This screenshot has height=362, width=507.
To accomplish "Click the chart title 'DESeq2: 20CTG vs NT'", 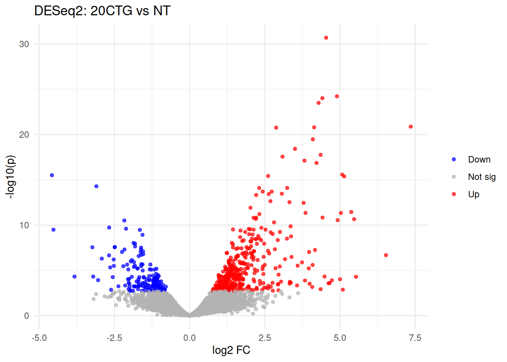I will pyautogui.click(x=102, y=11).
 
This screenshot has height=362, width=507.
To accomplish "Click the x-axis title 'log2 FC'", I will pyautogui.click(x=231, y=350).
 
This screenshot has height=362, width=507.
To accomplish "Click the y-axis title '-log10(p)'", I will pyautogui.click(x=11, y=176).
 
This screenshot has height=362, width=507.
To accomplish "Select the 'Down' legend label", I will pyautogui.click(x=479, y=160).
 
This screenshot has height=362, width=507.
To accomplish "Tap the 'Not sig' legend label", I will pyautogui.click(x=482, y=177).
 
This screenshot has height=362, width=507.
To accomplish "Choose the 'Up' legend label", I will pyautogui.click(x=473, y=194).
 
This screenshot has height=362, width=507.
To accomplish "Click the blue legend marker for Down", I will pyautogui.click(x=454, y=160).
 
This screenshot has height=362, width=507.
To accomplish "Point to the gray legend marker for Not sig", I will pyautogui.click(x=454, y=177).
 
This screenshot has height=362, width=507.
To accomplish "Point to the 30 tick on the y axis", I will pyautogui.click(x=24, y=44).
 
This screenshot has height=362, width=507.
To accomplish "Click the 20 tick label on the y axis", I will pyautogui.click(x=24, y=135).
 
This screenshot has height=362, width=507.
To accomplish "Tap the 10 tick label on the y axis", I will pyautogui.click(x=24, y=225).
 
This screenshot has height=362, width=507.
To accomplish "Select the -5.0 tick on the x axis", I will pyautogui.click(x=39, y=337).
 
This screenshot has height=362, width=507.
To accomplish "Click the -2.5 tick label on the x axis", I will pyautogui.click(x=114, y=337).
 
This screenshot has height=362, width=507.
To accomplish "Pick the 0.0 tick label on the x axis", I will pyautogui.click(x=189, y=337).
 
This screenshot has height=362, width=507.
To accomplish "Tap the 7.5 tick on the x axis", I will pyautogui.click(x=415, y=337).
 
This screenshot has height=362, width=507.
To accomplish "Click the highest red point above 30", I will pyautogui.click(x=326, y=38).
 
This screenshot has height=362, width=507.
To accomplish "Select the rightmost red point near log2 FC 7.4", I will pyautogui.click(x=410, y=127).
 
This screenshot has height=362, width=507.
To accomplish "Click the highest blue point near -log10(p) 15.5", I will pyautogui.click(x=52, y=175).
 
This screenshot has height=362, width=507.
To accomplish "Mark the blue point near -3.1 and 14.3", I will pyautogui.click(x=96, y=186).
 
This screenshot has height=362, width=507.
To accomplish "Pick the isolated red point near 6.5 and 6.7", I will pyautogui.click(x=386, y=255).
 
